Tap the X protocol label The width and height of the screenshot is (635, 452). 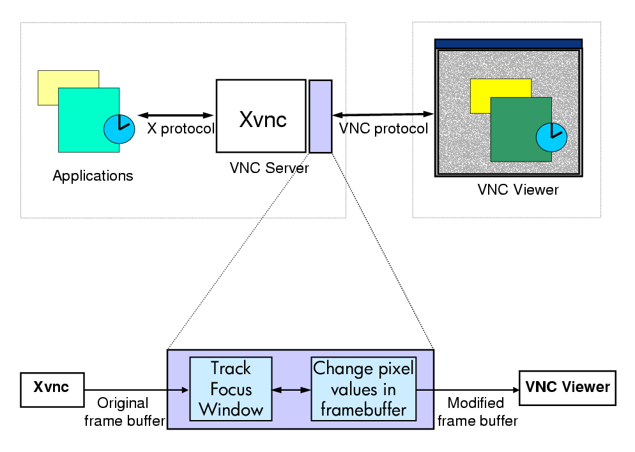181,128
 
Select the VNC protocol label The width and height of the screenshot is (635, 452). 383,128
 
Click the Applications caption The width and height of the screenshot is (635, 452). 93,176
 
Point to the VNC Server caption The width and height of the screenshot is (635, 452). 269,169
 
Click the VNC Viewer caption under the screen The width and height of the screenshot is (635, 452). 518,190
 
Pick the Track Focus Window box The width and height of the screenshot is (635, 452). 231,389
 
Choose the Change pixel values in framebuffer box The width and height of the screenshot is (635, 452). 363,389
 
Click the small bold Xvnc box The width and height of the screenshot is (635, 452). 52,388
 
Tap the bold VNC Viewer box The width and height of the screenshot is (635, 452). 567,387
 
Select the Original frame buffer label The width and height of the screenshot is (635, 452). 123,412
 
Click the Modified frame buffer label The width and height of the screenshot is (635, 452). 475,412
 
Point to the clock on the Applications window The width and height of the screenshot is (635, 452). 119,129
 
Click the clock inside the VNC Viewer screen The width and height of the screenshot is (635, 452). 550,136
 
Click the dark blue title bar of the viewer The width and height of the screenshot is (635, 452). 508,43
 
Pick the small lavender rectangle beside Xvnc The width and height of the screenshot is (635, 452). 320,116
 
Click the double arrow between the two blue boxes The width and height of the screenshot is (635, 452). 291,389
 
